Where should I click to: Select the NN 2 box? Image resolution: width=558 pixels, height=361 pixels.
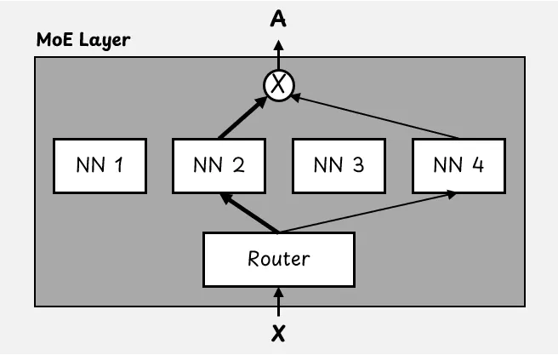pos(219,164)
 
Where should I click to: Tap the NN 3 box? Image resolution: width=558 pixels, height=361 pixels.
pos(339,164)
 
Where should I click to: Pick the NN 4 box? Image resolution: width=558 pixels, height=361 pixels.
pos(458,164)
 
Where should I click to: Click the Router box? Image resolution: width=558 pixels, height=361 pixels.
pos(278,259)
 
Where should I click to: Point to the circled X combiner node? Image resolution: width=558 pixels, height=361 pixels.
pos(278,84)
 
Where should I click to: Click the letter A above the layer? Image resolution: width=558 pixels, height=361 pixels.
pos(278,18)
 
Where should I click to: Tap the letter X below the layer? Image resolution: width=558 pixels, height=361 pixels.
pos(278,333)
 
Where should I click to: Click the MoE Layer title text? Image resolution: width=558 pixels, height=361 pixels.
pos(83,40)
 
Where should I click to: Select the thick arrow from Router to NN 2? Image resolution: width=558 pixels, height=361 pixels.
pos(249,213)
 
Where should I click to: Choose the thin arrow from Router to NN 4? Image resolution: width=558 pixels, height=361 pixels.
pos(366,213)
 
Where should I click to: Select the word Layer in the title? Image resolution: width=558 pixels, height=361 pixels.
pos(105,40)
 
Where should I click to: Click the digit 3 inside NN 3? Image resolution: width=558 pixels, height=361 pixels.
pos(356,164)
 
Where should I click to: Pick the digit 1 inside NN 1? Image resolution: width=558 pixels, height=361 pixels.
pos(117,164)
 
